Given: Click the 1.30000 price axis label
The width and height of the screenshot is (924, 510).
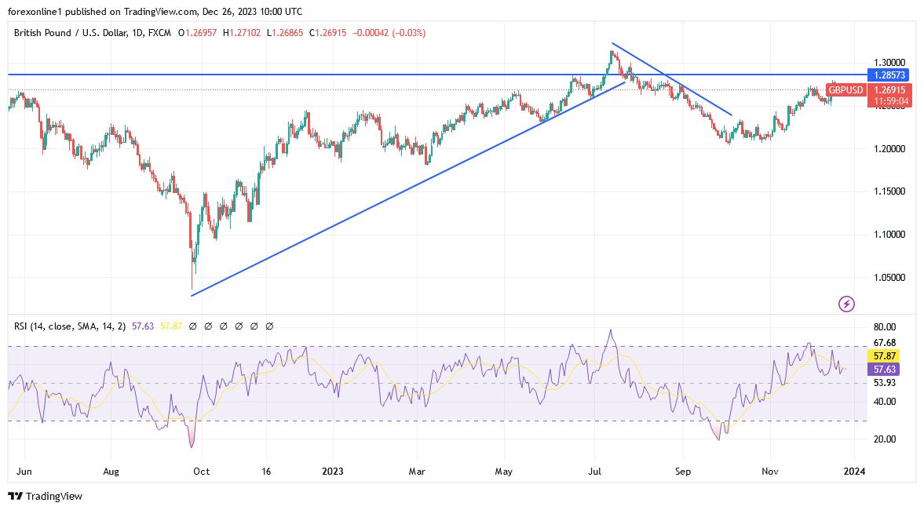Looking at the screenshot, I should click(889, 62).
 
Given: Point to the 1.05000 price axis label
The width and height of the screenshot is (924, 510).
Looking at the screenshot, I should click(889, 277).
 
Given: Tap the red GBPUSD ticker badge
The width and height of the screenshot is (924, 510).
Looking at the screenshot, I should click(845, 90).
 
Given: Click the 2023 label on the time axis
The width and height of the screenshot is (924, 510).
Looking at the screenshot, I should click(333, 472).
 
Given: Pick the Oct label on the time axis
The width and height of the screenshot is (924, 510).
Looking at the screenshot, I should click(201, 472).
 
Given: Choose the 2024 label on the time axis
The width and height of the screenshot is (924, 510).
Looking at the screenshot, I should click(855, 472).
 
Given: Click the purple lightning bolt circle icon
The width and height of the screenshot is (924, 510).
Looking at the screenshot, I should click(846, 303).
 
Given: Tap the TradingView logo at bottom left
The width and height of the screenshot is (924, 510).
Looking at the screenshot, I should click(45, 496).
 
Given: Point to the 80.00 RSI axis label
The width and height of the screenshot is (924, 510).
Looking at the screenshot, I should click(885, 327).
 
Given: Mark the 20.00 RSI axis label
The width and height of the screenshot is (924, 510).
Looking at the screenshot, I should click(885, 439).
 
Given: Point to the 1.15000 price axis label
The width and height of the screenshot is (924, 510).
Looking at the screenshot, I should click(889, 191).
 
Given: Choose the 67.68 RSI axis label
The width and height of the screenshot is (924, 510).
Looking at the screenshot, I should click(885, 343).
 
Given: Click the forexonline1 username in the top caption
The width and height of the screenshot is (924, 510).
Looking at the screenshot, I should click(35, 12).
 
